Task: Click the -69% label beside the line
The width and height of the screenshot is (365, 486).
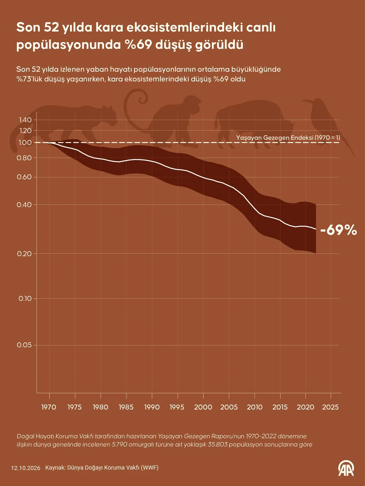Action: point(338,230)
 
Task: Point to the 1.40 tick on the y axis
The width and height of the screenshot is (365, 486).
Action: point(25,120)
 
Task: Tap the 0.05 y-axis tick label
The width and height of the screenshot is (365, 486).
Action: point(24,345)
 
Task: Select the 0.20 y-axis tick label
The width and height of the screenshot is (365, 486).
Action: point(24,254)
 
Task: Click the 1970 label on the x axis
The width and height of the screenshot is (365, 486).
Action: point(49,407)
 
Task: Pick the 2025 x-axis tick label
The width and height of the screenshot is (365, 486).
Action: point(330,407)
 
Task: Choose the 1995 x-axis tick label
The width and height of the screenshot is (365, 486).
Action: point(177,407)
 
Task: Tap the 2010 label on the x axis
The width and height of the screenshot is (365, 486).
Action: point(255,407)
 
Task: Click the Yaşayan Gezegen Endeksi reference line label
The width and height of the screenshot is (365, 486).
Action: point(288,138)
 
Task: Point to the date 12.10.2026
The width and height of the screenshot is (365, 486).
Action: point(26,468)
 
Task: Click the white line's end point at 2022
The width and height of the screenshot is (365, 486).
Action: point(316,229)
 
